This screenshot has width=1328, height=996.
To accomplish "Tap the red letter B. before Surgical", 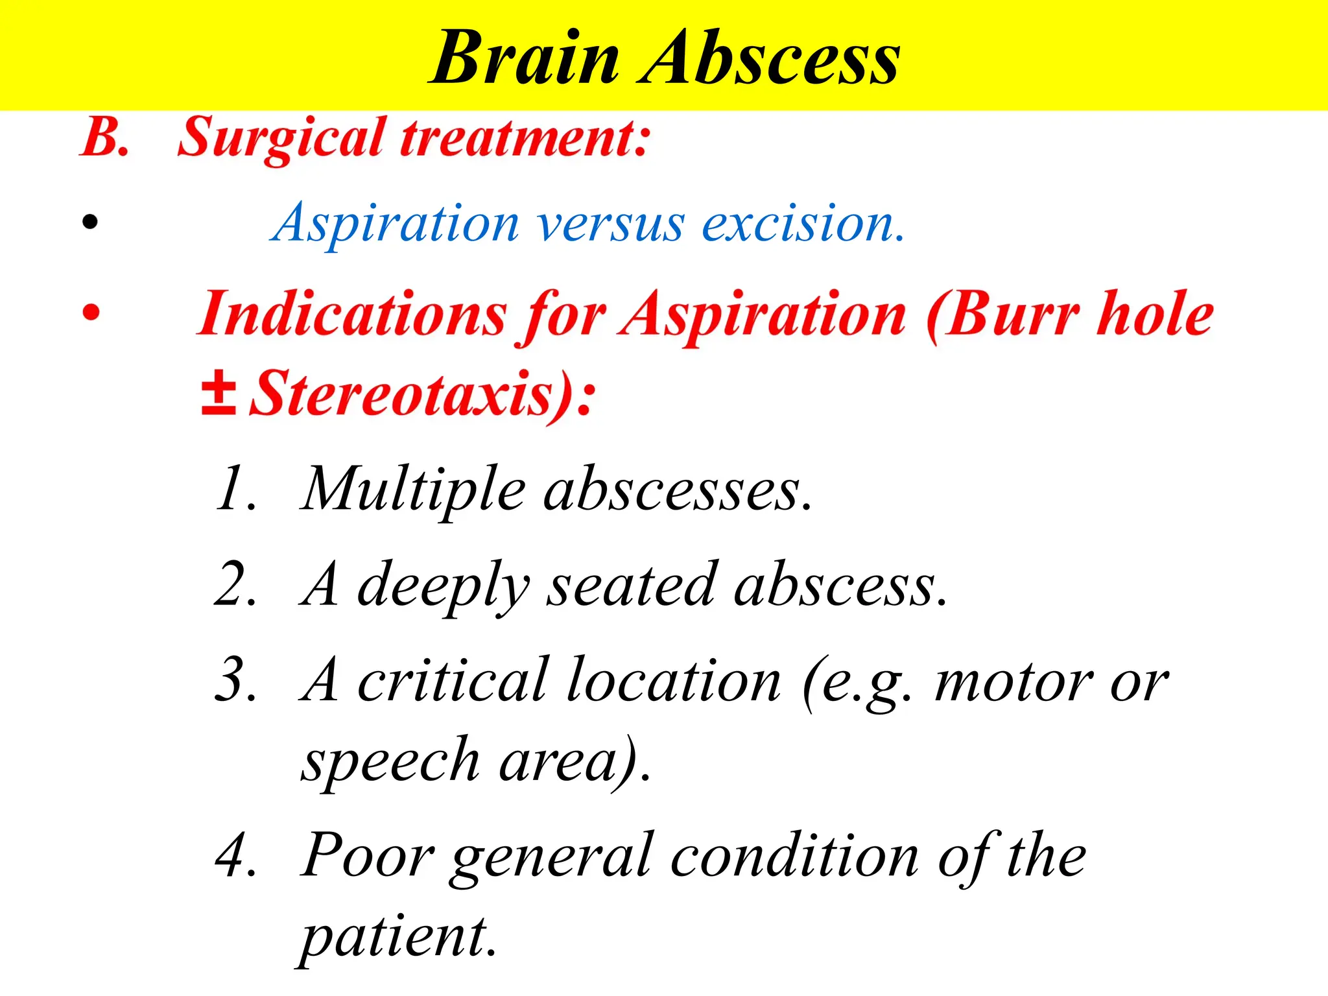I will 104,137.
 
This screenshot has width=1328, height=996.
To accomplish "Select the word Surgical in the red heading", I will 281,137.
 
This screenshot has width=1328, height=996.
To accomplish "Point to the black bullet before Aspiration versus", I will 90,222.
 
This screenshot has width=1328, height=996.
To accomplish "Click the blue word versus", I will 610,224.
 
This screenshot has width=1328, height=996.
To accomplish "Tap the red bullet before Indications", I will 91,313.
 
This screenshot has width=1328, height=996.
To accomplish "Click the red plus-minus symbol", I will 218,393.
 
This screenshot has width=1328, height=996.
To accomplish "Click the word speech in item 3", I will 390,762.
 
